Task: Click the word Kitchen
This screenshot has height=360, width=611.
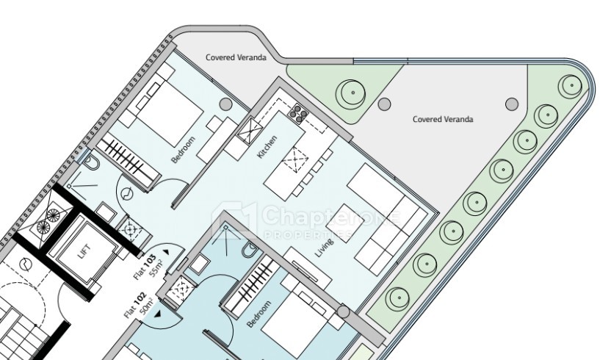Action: tap(267, 147)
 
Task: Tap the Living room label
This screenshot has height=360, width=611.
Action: tap(325, 248)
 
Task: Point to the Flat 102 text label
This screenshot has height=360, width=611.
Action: tap(135, 305)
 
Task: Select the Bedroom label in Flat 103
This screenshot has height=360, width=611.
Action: tap(183, 149)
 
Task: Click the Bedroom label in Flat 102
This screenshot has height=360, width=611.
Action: tap(258, 314)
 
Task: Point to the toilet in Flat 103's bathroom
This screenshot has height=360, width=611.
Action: tap(92, 163)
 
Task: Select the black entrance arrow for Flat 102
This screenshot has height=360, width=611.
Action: tap(158, 314)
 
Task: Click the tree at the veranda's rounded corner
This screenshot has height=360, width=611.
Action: tap(572, 86)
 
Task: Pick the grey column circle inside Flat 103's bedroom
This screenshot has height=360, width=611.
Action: tap(225, 104)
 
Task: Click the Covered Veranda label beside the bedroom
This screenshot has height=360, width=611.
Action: tap(236, 57)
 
